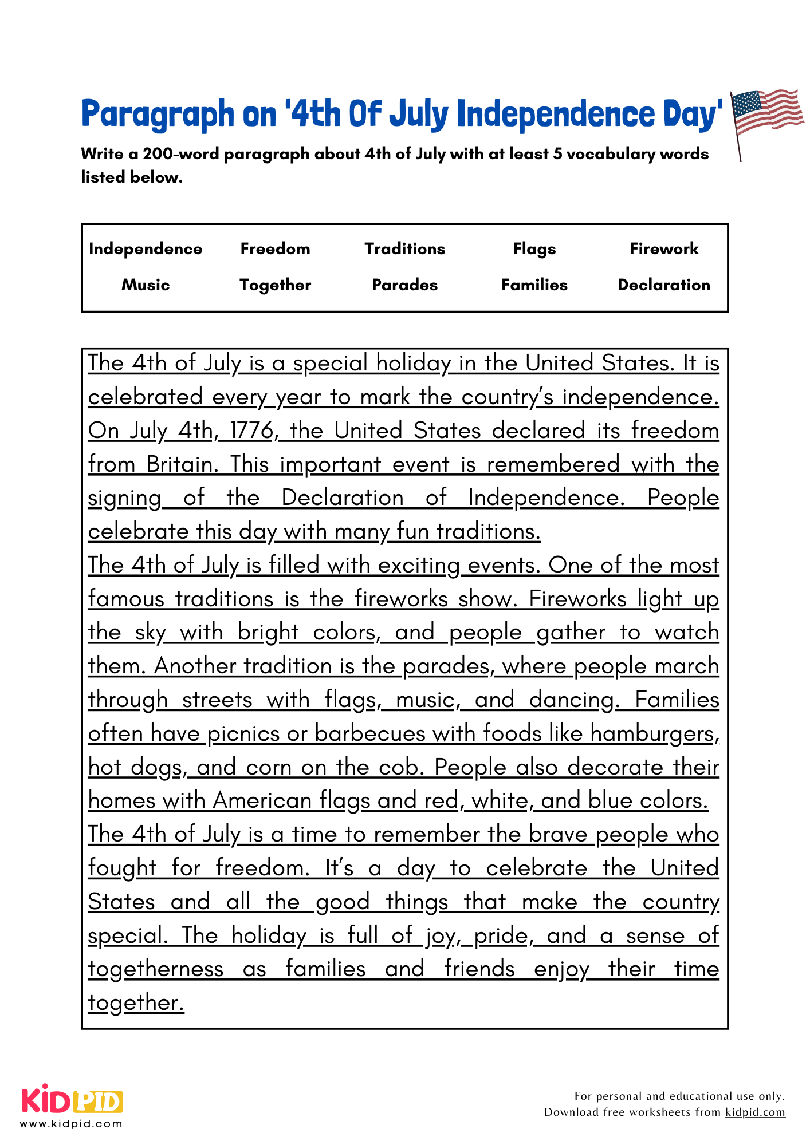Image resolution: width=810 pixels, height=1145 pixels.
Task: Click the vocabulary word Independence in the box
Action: click(146, 249)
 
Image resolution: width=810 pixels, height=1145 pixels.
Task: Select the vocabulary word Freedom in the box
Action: click(275, 249)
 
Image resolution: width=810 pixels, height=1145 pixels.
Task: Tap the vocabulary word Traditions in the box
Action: click(404, 249)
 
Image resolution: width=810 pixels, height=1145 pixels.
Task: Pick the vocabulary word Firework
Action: click(664, 249)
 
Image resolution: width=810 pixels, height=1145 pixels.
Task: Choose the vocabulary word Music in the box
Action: click(146, 285)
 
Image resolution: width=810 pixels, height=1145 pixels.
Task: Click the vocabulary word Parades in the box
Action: click(404, 285)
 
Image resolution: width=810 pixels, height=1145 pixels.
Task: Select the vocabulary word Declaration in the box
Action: click(664, 285)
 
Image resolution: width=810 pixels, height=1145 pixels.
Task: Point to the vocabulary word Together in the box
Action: click(275, 285)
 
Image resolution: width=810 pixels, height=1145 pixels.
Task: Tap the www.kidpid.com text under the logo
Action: click(72, 1124)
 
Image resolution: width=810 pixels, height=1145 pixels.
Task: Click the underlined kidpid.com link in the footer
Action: click(755, 1112)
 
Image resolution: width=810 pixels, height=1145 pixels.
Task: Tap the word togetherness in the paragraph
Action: click(155, 969)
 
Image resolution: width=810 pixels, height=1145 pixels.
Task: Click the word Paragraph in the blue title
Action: click(158, 114)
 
